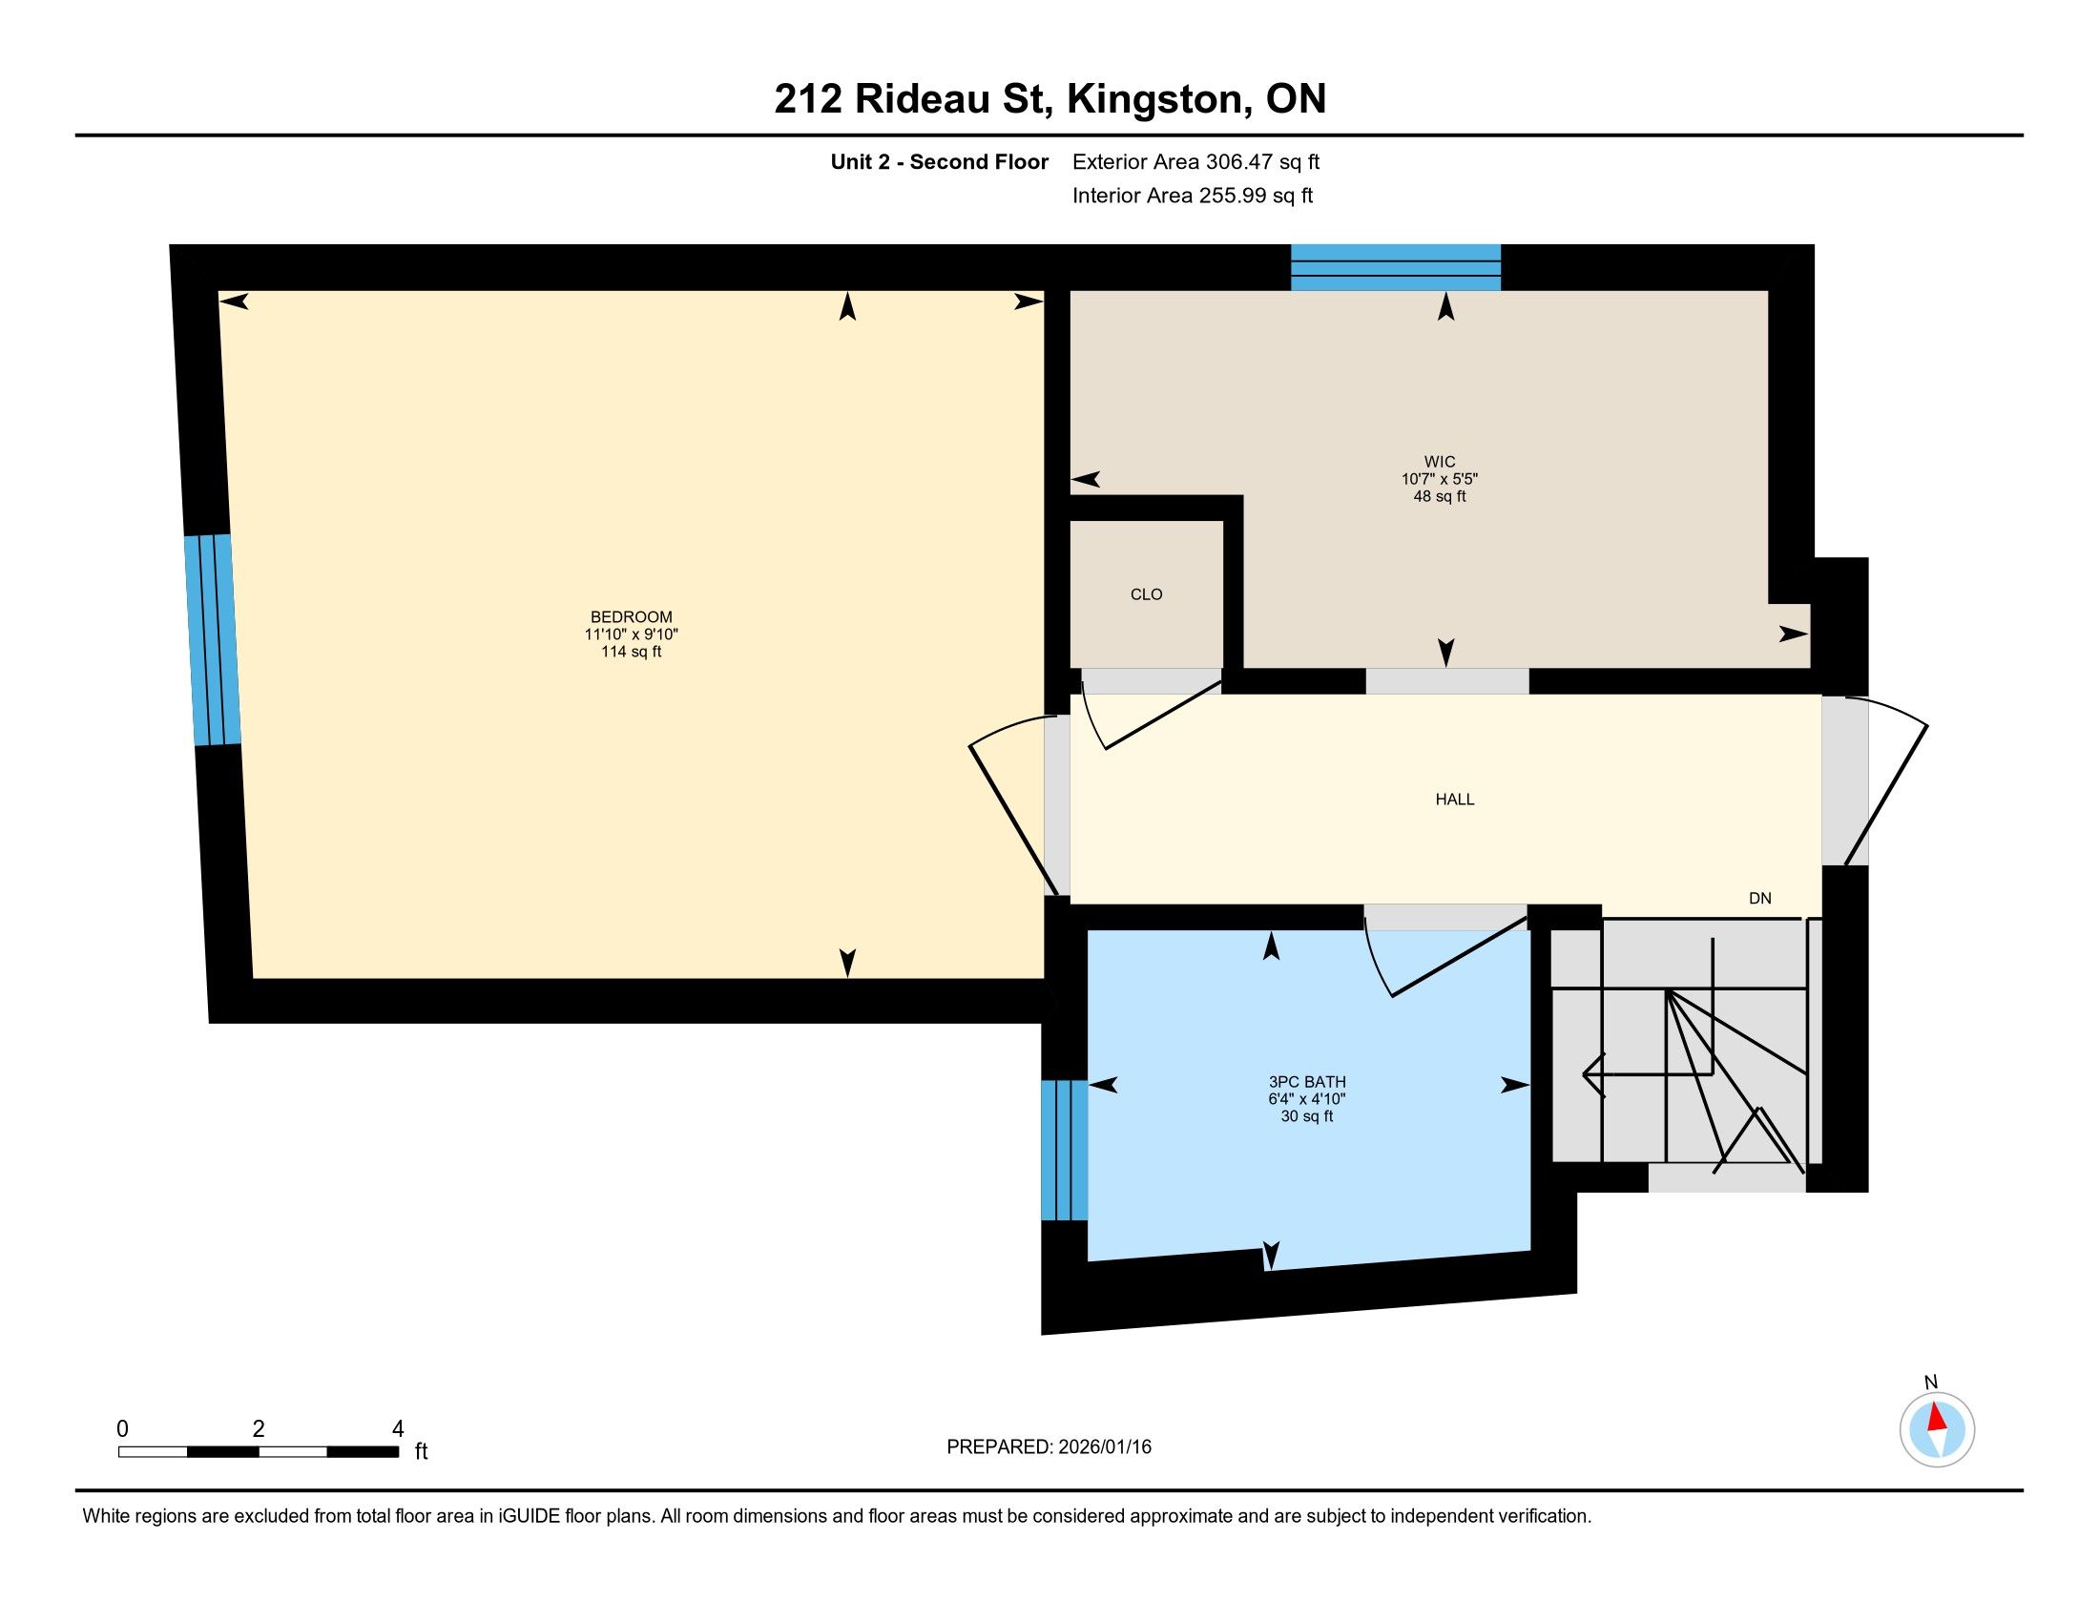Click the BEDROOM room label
pyautogui.click(x=632, y=617)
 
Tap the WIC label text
pyautogui.click(x=1440, y=462)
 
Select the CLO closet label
pyautogui.click(x=1147, y=594)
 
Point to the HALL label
pyautogui.click(x=1455, y=800)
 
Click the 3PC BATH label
pyautogui.click(x=1307, y=1082)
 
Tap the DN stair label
pyautogui.click(x=1759, y=899)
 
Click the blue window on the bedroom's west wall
pyautogui.click(x=213, y=640)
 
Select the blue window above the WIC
pyautogui.click(x=1396, y=267)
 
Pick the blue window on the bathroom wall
pyautogui.click(x=1065, y=1151)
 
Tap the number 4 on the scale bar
pyautogui.click(x=398, y=1429)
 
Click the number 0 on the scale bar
pyautogui.click(x=122, y=1429)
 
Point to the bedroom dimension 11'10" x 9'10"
pyautogui.click(x=632, y=634)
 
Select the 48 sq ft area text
pyautogui.click(x=1440, y=497)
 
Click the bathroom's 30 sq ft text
pyautogui.click(x=1307, y=1116)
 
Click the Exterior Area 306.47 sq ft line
pyautogui.click(x=1196, y=162)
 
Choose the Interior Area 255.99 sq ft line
pyautogui.click(x=1193, y=196)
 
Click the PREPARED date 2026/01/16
pyautogui.click(x=1105, y=1447)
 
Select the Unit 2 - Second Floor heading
pyautogui.click(x=939, y=162)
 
